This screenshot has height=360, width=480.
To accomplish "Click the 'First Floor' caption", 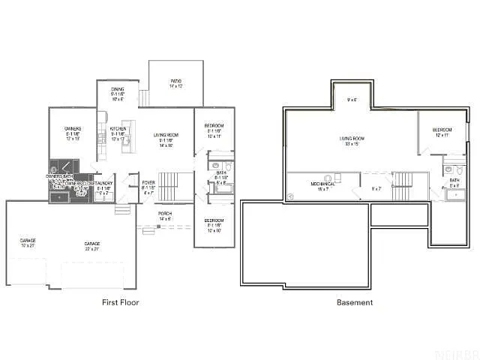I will [120, 302].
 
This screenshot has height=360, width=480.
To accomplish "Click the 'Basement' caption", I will [355, 302].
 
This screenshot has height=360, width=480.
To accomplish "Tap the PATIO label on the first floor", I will [176, 83].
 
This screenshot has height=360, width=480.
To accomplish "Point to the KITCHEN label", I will [118, 133].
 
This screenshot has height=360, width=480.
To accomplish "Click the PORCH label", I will [165, 217].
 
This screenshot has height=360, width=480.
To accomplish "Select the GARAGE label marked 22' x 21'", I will [92, 246].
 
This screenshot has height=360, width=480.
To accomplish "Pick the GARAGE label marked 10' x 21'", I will [28, 243].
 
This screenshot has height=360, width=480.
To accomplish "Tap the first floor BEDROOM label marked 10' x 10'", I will [214, 226].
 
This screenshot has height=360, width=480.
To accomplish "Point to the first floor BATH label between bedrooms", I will [221, 177].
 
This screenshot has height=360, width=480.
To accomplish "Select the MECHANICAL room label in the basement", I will [322, 187].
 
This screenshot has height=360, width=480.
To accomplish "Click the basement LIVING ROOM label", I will [352, 141].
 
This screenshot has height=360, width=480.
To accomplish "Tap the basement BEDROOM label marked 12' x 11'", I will [442, 133].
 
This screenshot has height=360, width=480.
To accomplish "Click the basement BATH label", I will [454, 183].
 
